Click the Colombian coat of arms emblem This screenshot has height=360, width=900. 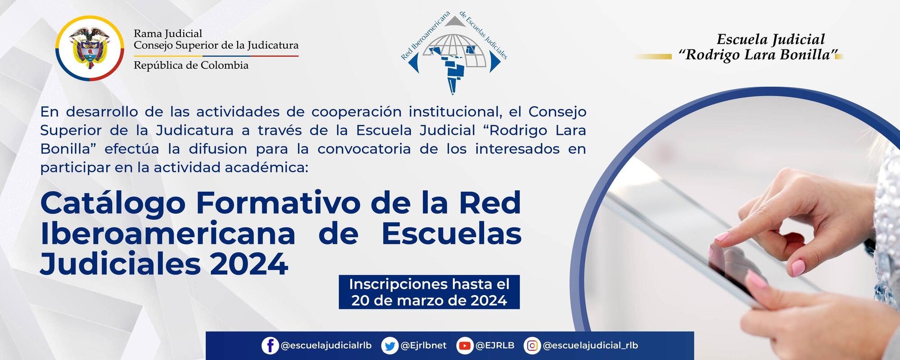[x=90, y=48]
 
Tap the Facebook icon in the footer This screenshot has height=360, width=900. [x=270, y=346]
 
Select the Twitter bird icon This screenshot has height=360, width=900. [x=389, y=346]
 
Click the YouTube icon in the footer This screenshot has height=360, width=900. [x=464, y=346]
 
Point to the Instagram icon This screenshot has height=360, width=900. [x=532, y=346]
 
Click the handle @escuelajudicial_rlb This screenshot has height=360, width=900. [x=590, y=346]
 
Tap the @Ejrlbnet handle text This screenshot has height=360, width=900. [x=423, y=346]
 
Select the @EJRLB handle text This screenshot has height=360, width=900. [x=495, y=346]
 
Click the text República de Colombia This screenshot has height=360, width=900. [x=191, y=66]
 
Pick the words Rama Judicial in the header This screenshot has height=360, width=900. [x=168, y=33]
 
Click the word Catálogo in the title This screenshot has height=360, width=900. [x=113, y=203]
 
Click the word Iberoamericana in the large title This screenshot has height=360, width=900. [x=167, y=234]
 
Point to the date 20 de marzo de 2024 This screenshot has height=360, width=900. [x=429, y=301]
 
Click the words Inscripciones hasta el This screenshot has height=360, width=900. [x=429, y=284]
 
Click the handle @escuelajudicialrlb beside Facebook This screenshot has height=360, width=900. [x=326, y=346]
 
